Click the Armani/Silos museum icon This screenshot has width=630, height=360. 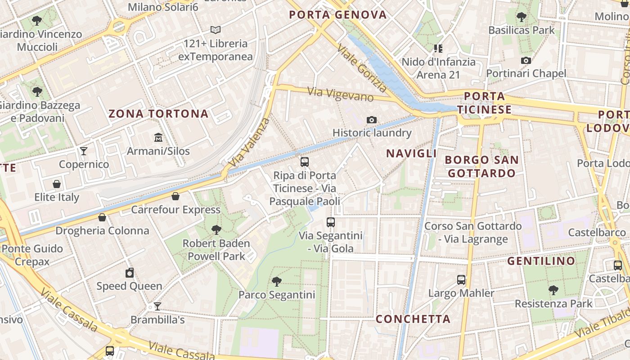click(x=158, y=137)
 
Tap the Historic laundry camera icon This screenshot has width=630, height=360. click(x=372, y=120)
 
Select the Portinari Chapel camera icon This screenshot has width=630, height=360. click(x=526, y=60)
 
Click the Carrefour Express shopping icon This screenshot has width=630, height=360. click(x=175, y=196)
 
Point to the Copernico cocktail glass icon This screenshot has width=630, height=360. click(x=84, y=151)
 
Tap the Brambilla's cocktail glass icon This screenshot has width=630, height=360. click(x=157, y=306)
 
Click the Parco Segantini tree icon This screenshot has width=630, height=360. click(x=277, y=282)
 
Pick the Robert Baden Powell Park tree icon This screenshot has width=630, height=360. click(x=216, y=230)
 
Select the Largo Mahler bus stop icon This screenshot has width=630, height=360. click(x=461, y=280)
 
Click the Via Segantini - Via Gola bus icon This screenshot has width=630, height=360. click(x=331, y=222)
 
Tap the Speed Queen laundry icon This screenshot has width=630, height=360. click(x=130, y=273)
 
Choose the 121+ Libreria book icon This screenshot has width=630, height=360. click(x=216, y=30)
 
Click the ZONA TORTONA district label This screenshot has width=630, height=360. click(x=158, y=114)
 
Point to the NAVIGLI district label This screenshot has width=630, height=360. click(x=411, y=153)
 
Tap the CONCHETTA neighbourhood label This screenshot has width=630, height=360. click(x=413, y=319)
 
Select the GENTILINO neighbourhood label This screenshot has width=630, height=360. click(x=541, y=261)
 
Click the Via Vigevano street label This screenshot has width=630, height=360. click(x=341, y=94)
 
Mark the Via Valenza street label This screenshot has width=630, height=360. click(x=249, y=142)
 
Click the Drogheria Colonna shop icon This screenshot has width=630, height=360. click(x=102, y=217)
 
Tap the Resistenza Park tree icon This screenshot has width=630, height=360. click(x=553, y=290)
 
